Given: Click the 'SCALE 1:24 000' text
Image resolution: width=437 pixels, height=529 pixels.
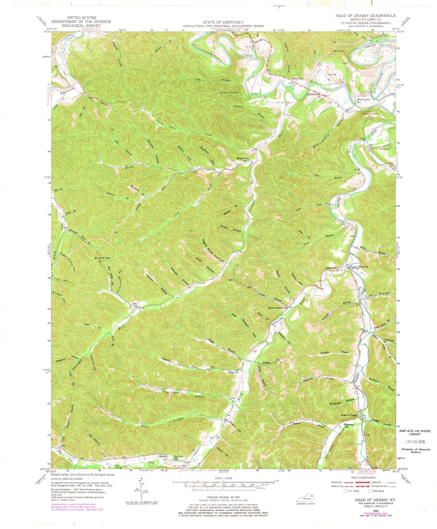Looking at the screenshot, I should click(x=223, y=479).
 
